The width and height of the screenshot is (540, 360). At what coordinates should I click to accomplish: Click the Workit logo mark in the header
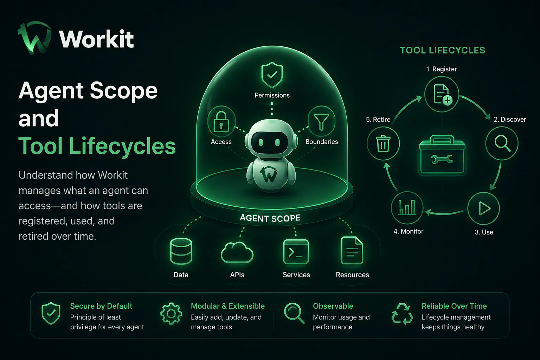(x=35, y=38)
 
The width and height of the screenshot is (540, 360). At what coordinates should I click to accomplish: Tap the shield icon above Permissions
(x=272, y=75)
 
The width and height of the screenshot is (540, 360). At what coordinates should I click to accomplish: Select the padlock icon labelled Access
(x=221, y=122)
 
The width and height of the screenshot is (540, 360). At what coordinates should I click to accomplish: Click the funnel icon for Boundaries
(x=321, y=122)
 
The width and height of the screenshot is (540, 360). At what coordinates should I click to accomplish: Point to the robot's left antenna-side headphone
(x=247, y=142)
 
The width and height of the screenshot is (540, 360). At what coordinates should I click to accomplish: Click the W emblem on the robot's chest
(x=269, y=174)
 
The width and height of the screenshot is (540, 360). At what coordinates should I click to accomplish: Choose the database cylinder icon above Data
(x=181, y=251)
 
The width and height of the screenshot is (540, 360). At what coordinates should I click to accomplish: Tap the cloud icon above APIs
(x=237, y=252)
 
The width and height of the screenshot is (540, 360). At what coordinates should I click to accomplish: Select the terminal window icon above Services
(x=296, y=252)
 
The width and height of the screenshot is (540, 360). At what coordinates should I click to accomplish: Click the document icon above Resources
(x=352, y=250)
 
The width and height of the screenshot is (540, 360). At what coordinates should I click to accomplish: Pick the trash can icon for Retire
(x=383, y=144)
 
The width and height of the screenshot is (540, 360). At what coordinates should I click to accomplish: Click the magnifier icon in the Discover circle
(x=502, y=143)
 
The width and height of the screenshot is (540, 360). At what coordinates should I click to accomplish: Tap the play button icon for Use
(x=484, y=208)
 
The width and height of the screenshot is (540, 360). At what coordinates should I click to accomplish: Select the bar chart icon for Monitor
(x=407, y=207)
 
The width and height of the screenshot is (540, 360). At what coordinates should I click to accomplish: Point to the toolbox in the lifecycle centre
(x=442, y=155)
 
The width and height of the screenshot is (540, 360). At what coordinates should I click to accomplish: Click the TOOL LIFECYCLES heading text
(x=443, y=50)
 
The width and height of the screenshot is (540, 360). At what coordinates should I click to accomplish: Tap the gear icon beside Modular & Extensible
(x=171, y=314)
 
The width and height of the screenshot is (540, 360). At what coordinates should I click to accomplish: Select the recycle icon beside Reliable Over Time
(x=402, y=314)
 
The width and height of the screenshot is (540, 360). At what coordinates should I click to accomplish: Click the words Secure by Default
(x=101, y=306)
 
